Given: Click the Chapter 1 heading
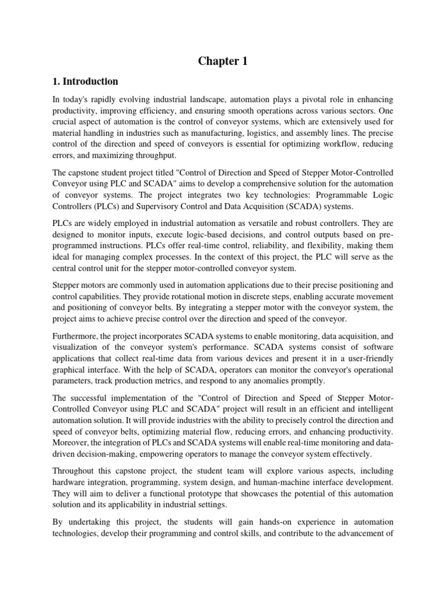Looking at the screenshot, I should [222, 62].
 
